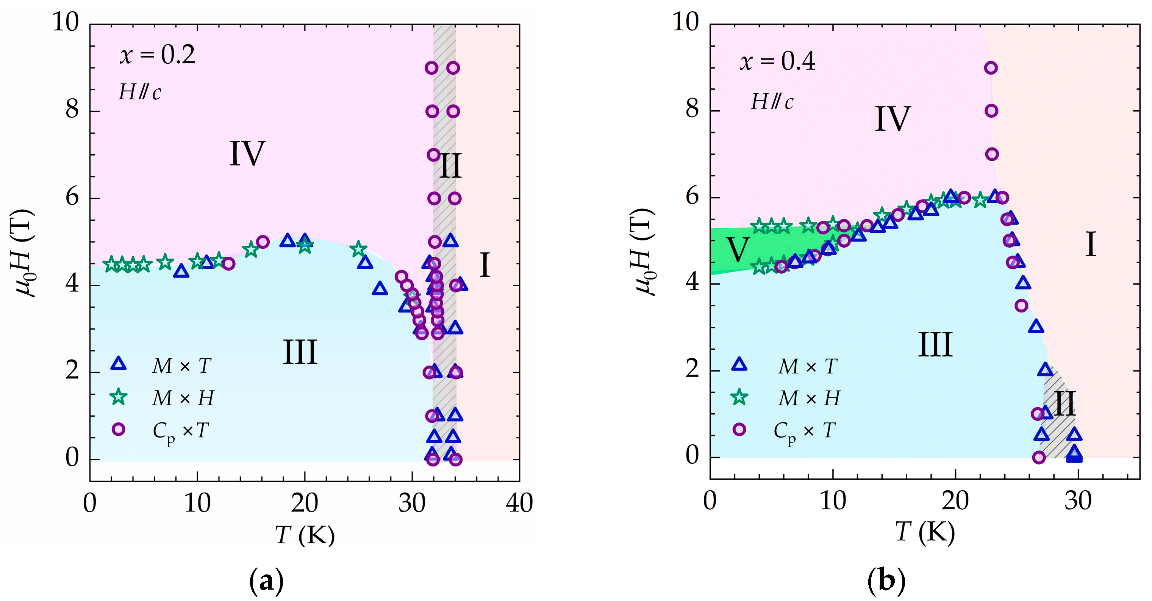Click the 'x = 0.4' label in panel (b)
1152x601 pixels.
[777, 61]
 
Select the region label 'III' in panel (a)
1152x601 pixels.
[300, 353]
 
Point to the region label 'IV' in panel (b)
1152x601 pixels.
[892, 119]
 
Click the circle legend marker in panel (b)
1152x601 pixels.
[739, 430]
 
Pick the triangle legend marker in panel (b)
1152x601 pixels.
[739, 365]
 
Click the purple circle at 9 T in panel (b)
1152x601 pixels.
[991, 68]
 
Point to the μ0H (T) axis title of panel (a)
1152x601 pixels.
[25, 253]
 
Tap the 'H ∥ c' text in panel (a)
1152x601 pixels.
[139, 93]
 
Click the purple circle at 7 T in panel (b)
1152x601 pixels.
[992, 154]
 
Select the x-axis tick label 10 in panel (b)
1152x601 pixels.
[833, 501]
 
